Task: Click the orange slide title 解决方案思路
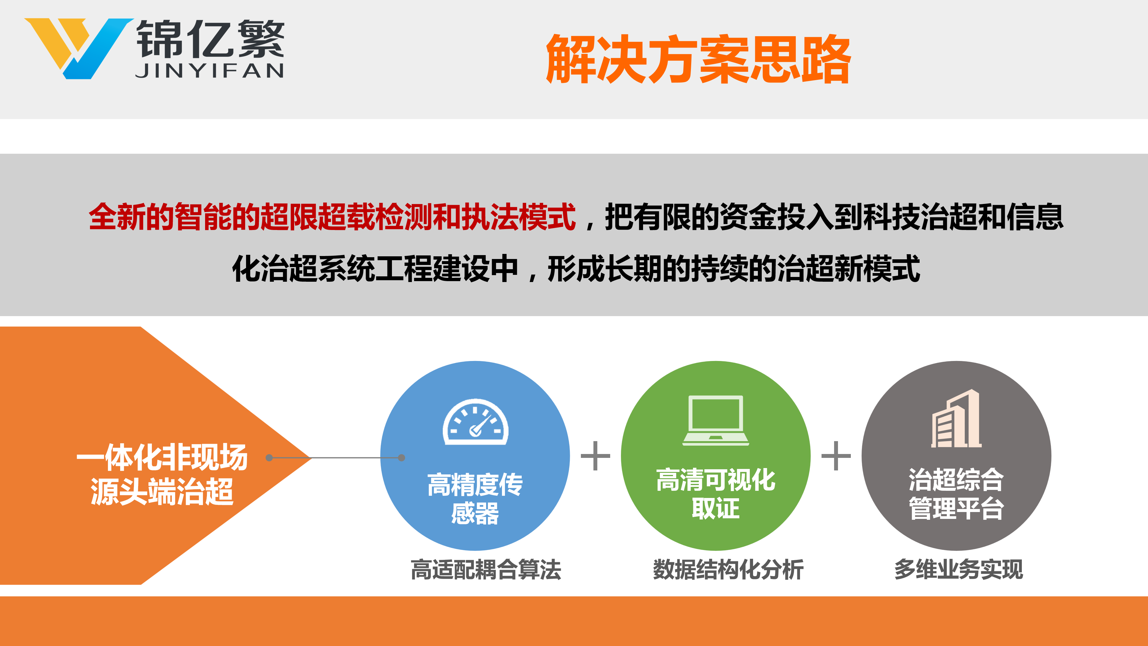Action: point(698,59)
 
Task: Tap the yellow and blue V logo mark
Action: point(78,48)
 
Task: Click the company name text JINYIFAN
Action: point(210,71)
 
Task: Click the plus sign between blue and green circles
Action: point(596,455)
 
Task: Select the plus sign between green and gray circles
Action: point(836,455)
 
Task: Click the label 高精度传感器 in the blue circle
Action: point(475,499)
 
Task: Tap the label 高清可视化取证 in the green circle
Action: point(716,493)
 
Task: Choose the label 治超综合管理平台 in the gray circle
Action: point(956,493)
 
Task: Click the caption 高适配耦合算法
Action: point(486,570)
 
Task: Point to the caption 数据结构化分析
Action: point(728,570)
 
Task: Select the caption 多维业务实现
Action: point(958,570)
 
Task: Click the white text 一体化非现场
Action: point(162,457)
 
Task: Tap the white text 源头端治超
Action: point(162,491)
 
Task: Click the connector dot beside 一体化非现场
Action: point(269,457)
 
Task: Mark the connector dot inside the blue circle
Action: point(402,457)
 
